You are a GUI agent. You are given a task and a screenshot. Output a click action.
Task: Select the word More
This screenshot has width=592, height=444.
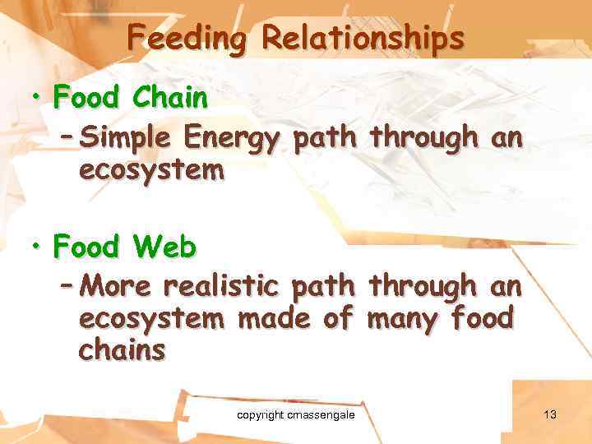point(116,286)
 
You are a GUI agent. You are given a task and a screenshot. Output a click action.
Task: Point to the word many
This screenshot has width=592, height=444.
point(406,317)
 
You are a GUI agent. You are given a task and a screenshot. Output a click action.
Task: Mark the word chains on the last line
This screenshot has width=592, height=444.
point(122,349)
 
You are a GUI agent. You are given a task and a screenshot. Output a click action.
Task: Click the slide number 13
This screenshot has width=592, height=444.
point(550,414)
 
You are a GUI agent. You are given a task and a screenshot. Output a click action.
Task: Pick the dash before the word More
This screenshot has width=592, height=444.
point(69,286)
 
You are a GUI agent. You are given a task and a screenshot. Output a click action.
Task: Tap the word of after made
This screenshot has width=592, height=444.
point(337,317)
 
